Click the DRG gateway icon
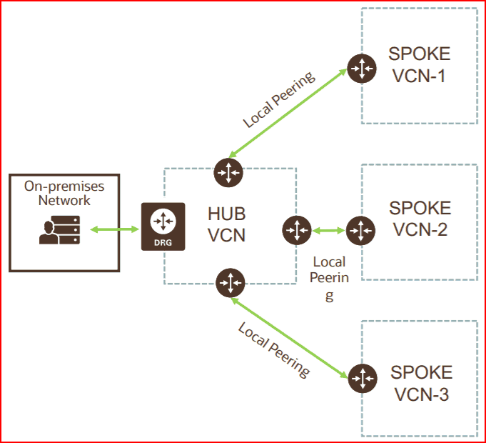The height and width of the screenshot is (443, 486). pyautogui.click(x=163, y=227)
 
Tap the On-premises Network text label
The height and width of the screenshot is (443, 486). pyautogui.click(x=64, y=194)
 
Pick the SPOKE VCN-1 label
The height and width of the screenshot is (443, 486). pyautogui.click(x=419, y=64)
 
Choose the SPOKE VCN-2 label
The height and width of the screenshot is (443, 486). pyautogui.click(x=420, y=219)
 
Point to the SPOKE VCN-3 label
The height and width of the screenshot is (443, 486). pyautogui.click(x=420, y=383)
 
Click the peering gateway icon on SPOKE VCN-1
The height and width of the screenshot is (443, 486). pyautogui.click(x=362, y=68)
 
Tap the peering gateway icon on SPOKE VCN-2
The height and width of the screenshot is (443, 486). pyautogui.click(x=361, y=230)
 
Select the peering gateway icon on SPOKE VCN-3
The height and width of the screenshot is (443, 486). pyautogui.click(x=363, y=378)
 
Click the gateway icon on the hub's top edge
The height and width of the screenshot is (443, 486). pyautogui.click(x=228, y=172)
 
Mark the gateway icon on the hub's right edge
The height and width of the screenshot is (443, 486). pyautogui.click(x=297, y=230)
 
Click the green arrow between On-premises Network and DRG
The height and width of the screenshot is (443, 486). pyautogui.click(x=114, y=230)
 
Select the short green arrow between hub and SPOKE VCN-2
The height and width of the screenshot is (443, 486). pyautogui.click(x=329, y=230)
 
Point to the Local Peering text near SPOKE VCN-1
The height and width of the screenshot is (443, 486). pyautogui.click(x=279, y=99)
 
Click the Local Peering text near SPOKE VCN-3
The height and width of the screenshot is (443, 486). pyautogui.click(x=274, y=349)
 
